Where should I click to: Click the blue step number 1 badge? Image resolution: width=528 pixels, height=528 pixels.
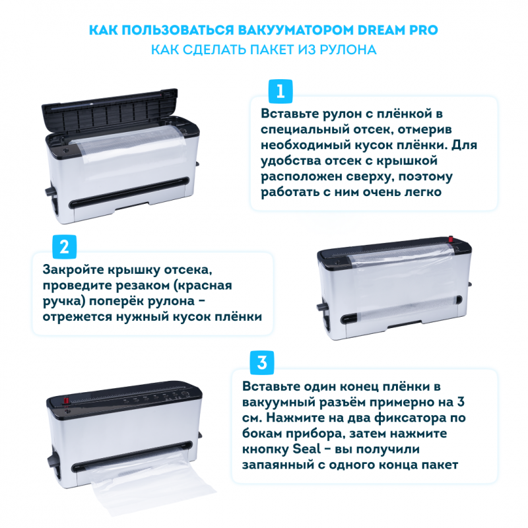(x=280, y=91)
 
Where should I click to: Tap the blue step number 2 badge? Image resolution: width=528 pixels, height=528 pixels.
(x=64, y=247)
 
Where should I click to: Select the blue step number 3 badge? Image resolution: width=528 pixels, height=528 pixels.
(x=261, y=362)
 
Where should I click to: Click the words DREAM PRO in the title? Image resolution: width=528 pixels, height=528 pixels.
(x=397, y=30)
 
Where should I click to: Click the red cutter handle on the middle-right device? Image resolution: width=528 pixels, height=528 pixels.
(x=451, y=239)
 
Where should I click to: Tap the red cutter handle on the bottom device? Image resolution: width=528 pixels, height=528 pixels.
(x=67, y=400)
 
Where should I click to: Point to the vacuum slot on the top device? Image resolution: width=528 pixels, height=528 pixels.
(x=129, y=192)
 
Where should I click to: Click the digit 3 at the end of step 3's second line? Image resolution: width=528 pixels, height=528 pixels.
(x=461, y=402)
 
